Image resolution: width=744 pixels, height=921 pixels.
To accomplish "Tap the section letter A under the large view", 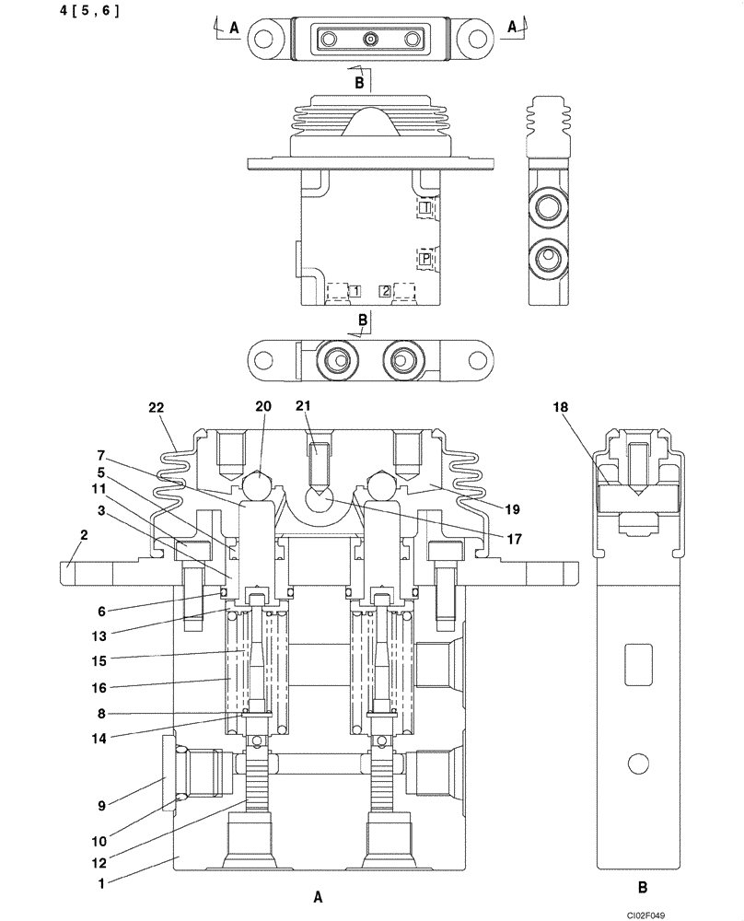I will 318,894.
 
